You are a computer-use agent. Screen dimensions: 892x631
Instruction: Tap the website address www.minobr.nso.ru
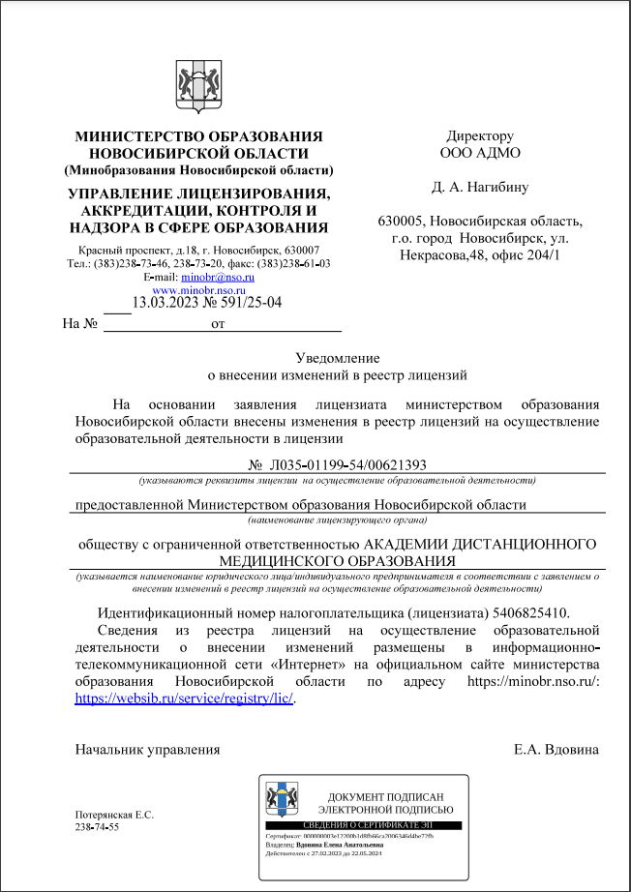pyautogui.click(x=198, y=289)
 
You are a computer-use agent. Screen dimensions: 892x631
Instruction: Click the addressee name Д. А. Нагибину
pyautogui.click(x=480, y=187)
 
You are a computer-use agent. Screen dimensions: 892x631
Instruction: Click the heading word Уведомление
pyautogui.click(x=338, y=358)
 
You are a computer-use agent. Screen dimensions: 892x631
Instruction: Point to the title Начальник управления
pyautogui.click(x=147, y=750)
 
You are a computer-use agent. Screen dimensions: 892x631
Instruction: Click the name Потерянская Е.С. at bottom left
pyautogui.click(x=114, y=815)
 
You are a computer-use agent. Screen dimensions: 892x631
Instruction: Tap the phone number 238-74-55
pyautogui.click(x=97, y=827)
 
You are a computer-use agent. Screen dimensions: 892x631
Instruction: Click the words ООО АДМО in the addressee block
pyautogui.click(x=480, y=153)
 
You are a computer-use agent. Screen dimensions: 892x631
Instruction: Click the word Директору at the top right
pyautogui.click(x=480, y=136)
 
